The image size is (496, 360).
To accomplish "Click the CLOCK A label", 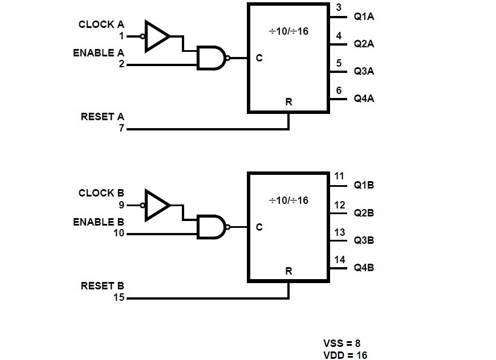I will [101, 24].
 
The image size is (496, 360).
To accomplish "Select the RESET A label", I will [102, 117].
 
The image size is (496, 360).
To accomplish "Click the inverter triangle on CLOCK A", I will [156, 36].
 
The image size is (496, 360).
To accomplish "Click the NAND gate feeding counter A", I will [210, 58].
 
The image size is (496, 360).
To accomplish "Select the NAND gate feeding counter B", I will [210, 227].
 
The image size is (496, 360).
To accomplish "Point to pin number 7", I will [121, 129].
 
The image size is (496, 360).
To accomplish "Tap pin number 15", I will [119, 297].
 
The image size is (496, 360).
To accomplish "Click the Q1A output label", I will [364, 17].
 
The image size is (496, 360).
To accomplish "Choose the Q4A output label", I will [364, 99].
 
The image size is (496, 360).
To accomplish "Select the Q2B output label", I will [364, 213].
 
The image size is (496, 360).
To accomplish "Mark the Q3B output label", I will [364, 240].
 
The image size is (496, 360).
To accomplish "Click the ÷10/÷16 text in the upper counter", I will [288, 31].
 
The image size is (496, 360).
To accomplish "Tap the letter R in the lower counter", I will [288, 271].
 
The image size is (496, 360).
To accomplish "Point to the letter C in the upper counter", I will [259, 58].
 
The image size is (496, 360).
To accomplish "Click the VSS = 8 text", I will [341, 343].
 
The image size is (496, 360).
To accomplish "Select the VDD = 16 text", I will [344, 354].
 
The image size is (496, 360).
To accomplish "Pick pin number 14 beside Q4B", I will [339, 260].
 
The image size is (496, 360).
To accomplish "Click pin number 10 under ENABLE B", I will [119, 234].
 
